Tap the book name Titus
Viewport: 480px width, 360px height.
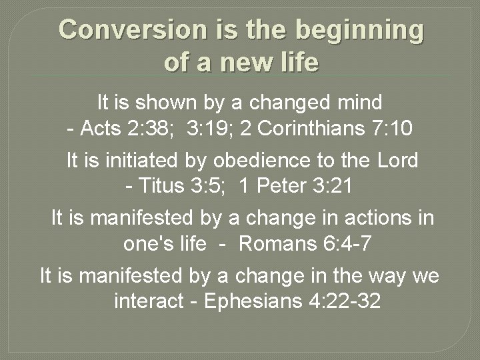tap(162, 186)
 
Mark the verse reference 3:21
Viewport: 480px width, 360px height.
tap(331, 186)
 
